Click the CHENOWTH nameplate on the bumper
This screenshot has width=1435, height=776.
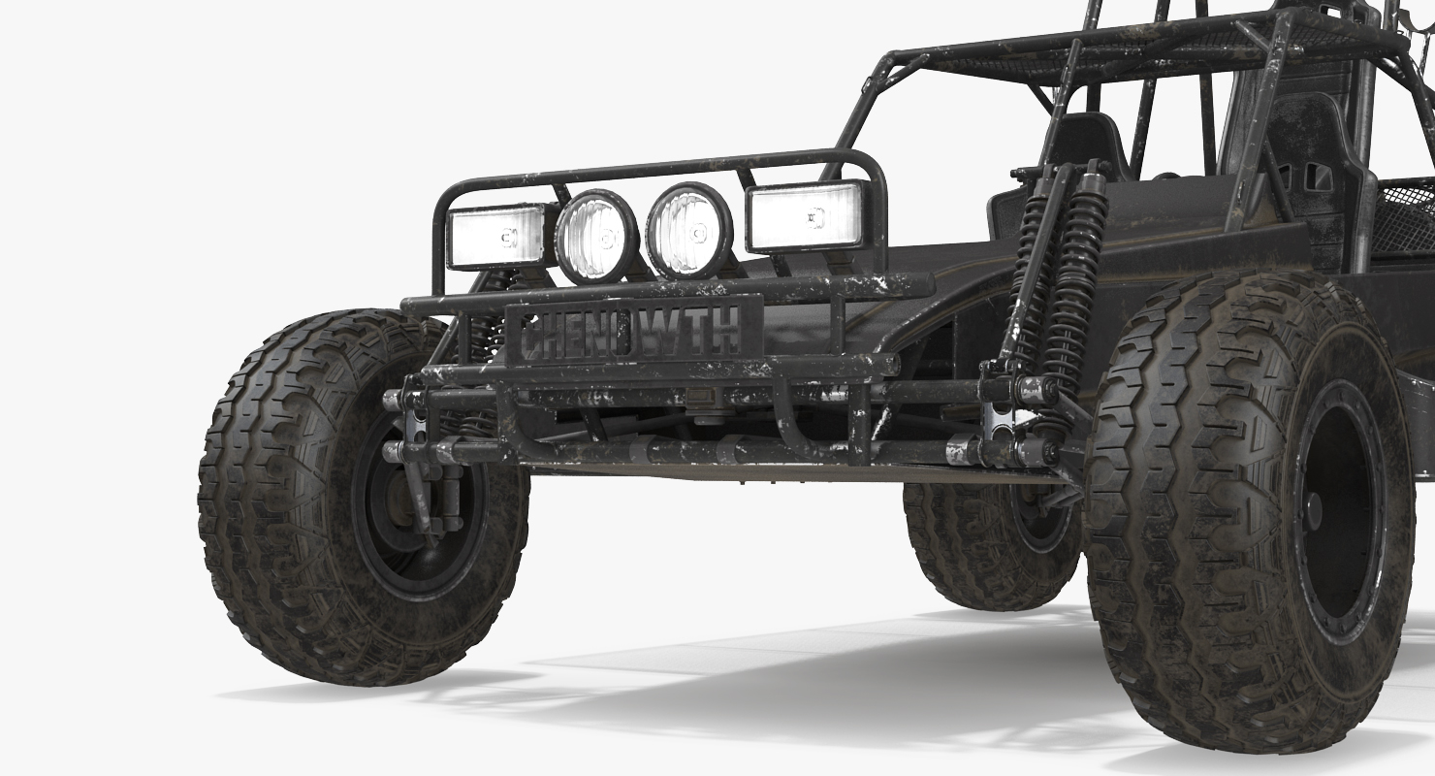click(633, 331)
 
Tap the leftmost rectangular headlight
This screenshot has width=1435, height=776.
click(494, 237)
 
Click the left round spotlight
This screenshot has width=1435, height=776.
click(597, 237)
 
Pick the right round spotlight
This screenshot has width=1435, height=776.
click(689, 231)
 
